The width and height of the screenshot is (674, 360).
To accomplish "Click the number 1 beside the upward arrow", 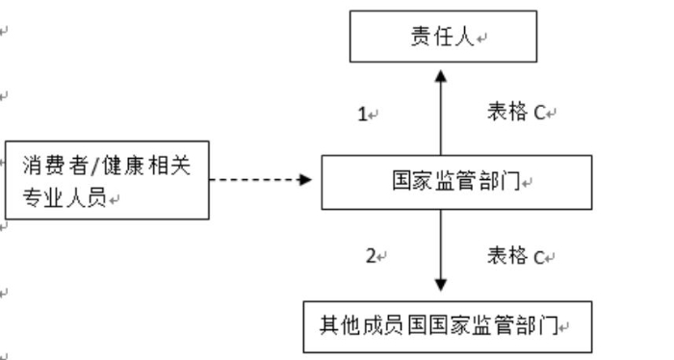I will [x=363, y=115].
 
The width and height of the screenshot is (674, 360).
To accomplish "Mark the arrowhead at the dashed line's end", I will [x=306, y=179].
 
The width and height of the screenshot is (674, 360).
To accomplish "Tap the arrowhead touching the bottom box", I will [x=441, y=285].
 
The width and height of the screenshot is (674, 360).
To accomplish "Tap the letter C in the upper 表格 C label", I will [x=540, y=114].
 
